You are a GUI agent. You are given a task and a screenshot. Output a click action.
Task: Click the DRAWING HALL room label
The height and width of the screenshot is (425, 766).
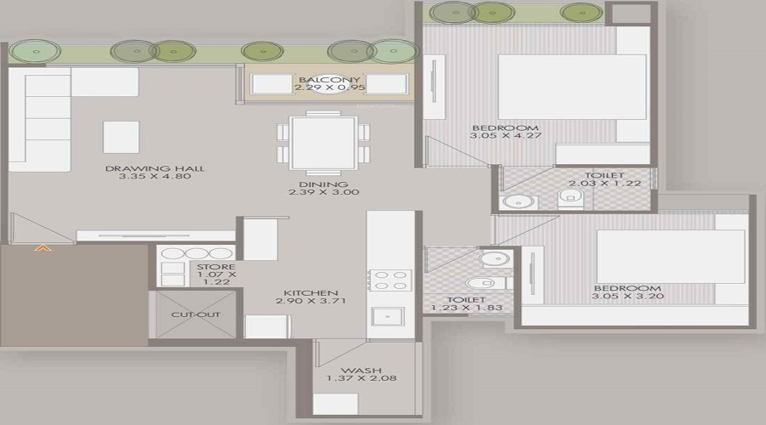(155, 168)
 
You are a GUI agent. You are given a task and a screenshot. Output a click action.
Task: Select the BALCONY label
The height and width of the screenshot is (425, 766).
(323, 78)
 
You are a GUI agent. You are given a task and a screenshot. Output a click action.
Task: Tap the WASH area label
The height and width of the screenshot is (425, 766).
(354, 371)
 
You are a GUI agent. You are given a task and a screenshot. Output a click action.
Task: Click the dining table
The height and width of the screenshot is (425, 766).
(323, 142)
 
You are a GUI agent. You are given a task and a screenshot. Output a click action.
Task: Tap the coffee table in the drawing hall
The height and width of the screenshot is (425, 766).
(122, 136)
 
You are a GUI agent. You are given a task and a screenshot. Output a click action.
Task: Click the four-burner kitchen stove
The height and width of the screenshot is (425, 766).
(390, 280)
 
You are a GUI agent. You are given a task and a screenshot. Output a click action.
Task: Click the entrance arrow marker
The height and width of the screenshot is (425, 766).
(41, 248)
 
